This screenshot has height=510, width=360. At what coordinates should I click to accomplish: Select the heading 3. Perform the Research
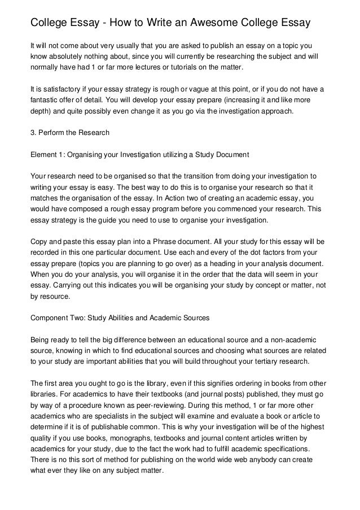69,133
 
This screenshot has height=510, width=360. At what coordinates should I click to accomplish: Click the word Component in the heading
50,318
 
